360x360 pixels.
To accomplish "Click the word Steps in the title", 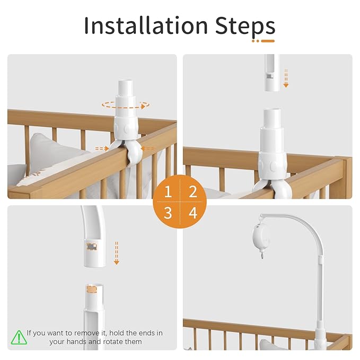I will (245, 26).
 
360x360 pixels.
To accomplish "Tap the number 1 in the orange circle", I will (168, 191).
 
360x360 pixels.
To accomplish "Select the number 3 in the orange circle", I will (168, 213).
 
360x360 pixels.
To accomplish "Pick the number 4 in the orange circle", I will (192, 213).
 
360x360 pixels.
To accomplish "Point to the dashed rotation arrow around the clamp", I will (125, 105).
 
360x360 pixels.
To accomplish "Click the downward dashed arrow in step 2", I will (286, 77).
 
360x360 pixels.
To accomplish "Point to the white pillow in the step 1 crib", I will (50, 156).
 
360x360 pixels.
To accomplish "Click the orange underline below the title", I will (264, 41).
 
